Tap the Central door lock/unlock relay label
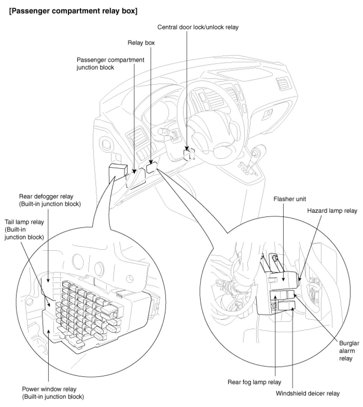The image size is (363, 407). tap(198, 27)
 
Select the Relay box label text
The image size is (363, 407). tap(141, 43)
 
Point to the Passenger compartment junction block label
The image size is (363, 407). tap(110, 63)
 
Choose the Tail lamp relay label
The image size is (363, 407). tap(24, 229)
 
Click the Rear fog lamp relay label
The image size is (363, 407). tap(254, 382)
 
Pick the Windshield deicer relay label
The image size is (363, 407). tap(308, 393)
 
